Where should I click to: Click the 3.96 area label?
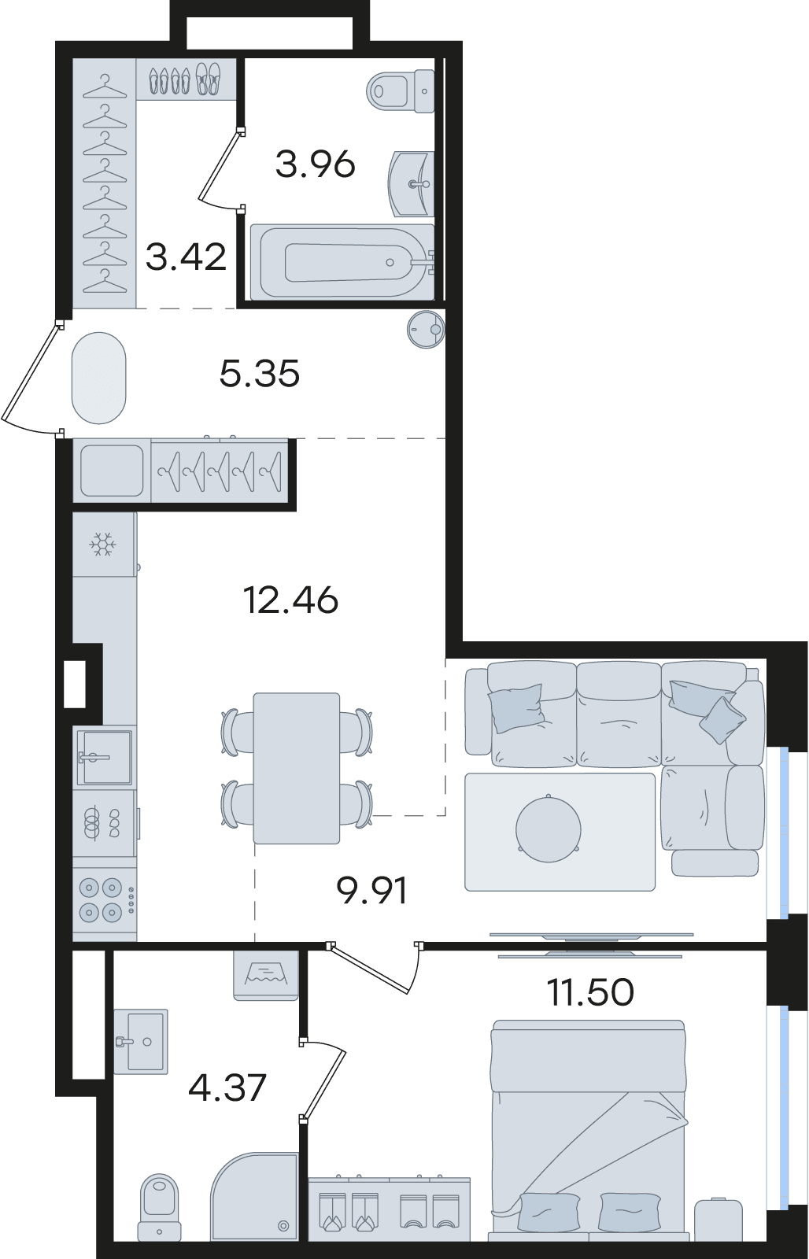coord(316,164)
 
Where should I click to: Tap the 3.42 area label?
coord(186,257)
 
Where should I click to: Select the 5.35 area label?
coord(259,373)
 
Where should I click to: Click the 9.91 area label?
coord(371,890)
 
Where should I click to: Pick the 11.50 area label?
coord(590,992)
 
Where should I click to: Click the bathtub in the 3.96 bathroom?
coord(342,262)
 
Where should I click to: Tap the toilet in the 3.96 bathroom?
coord(401,90)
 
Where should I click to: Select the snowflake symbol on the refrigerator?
coord(103,545)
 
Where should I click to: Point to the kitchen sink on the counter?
coord(105,756)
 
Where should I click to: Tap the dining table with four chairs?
coord(296,768)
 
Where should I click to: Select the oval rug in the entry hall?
coord(99,378)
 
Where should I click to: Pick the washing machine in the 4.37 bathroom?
coord(266,975)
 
